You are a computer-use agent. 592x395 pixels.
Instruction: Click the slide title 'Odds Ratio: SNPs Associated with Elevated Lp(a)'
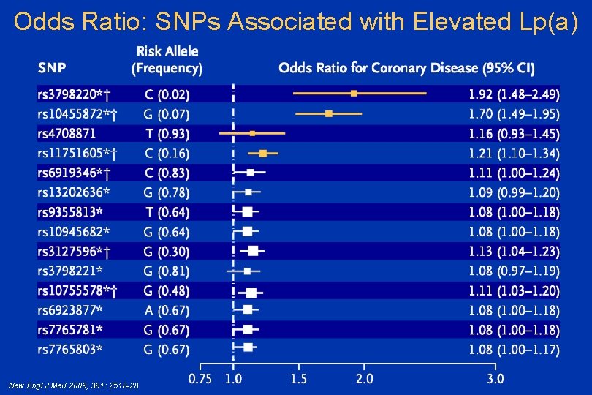296,22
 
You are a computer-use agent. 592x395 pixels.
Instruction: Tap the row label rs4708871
67,134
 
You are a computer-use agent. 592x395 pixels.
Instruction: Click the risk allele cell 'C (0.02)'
167,94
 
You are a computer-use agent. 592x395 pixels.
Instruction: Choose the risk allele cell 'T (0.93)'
167,134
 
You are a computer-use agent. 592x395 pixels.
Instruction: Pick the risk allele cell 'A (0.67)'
167,310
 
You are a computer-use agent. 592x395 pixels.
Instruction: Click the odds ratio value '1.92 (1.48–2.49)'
514,94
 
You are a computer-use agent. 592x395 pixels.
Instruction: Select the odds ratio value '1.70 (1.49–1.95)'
514,114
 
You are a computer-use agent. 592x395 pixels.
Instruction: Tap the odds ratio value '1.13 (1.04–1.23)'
514,252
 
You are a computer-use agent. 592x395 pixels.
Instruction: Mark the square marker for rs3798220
354,94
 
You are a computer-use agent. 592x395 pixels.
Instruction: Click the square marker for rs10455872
329,113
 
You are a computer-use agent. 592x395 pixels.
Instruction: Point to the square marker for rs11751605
264,153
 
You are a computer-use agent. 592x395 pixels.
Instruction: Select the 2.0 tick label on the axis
364,379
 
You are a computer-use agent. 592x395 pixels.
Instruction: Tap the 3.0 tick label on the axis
495,379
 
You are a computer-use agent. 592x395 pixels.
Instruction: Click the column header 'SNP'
51,69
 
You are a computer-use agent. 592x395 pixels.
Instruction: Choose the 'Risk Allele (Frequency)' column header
167,60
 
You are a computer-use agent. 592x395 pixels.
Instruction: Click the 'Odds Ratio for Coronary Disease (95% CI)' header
406,69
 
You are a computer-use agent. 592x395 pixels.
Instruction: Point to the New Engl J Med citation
73,385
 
